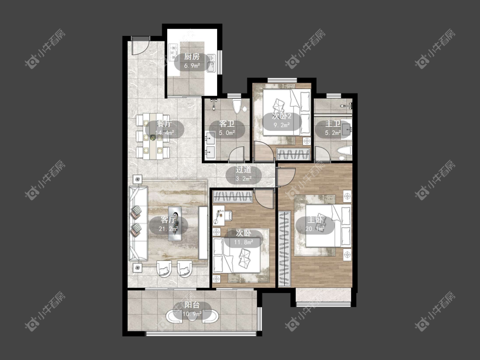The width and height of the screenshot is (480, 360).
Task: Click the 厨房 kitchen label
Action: coord(192,57)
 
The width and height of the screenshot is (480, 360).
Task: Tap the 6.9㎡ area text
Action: coord(192,66)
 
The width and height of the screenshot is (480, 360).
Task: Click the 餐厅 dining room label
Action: coord(164,124)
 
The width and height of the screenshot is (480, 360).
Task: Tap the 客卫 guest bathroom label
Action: coord(227,124)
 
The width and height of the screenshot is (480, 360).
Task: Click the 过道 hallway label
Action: coord(244,170)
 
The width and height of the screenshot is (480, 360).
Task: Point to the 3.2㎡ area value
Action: coord(244,179)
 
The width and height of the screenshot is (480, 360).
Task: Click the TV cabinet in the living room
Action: coord(203,233)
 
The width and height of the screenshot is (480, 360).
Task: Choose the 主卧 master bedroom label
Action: coord(315,220)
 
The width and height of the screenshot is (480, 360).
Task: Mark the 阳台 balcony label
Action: coord(192,305)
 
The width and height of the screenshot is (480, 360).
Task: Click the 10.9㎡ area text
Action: coord(192,314)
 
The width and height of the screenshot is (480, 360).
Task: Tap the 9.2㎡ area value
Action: coord(281,125)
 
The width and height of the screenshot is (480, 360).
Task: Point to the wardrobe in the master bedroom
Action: coord(285,249)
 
